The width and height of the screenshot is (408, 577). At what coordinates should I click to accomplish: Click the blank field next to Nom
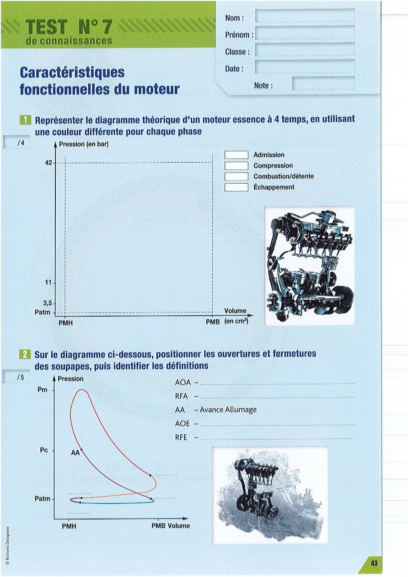(x=305, y=16)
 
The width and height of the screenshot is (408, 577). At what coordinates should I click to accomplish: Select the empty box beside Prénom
(x=305, y=32)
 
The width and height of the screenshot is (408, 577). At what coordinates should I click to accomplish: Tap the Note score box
(x=323, y=83)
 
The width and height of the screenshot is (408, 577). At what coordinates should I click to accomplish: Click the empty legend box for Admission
(x=236, y=155)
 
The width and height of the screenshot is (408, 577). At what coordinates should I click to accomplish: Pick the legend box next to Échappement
(x=236, y=187)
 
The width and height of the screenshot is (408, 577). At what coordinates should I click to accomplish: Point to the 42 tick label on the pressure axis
(x=48, y=163)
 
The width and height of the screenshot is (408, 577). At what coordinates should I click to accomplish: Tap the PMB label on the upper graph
(x=213, y=322)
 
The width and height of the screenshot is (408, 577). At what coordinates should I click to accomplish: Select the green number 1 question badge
(x=25, y=120)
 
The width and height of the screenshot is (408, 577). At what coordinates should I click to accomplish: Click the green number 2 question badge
(x=25, y=355)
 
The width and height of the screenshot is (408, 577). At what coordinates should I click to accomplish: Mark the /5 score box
(x=16, y=377)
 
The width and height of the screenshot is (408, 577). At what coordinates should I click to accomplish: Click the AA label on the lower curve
(x=75, y=453)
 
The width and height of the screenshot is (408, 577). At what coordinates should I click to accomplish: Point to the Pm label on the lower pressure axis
(x=43, y=390)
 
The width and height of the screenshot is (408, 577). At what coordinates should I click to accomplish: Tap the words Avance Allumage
(x=228, y=410)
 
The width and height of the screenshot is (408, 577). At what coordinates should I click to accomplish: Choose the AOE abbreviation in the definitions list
(x=183, y=423)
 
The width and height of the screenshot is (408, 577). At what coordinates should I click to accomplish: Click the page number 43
(x=374, y=563)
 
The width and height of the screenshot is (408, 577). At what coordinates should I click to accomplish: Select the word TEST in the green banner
(x=46, y=27)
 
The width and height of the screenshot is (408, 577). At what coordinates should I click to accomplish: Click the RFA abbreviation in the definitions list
(x=181, y=396)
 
